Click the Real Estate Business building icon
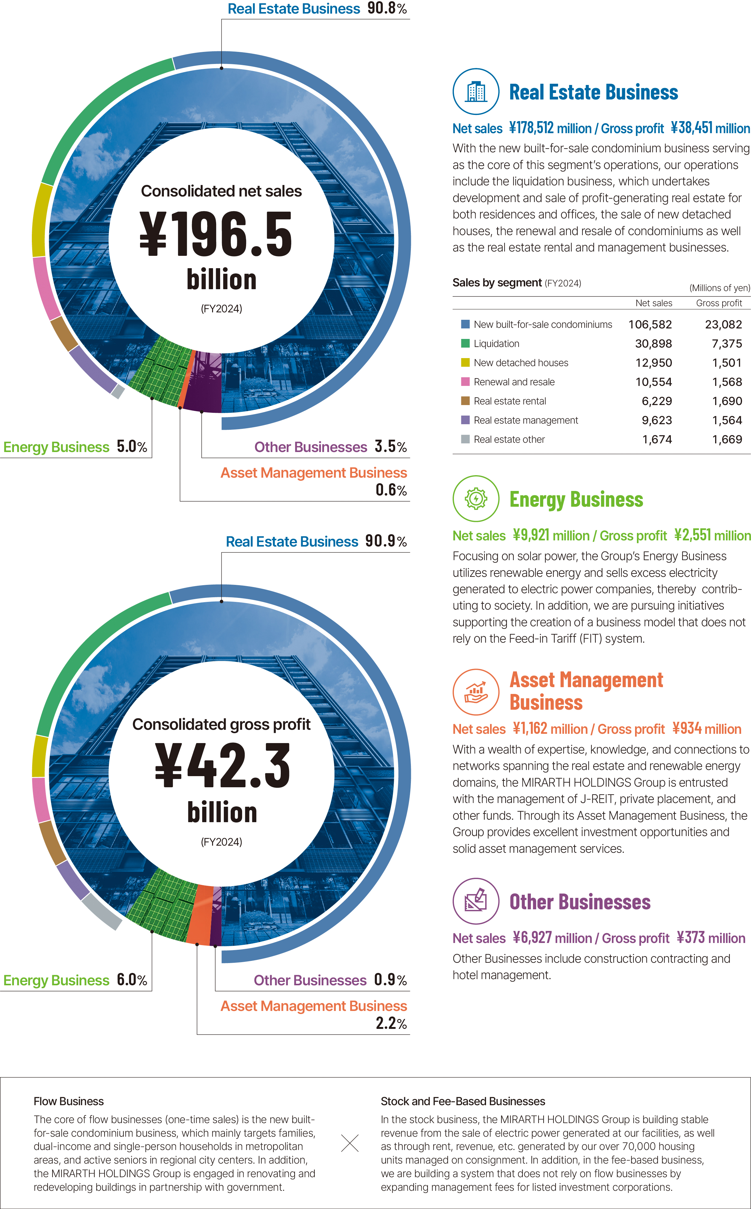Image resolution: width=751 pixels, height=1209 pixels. coord(476,91)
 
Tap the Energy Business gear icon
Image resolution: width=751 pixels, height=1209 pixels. coord(476,498)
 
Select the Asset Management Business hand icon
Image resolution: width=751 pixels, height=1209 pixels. coord(476,692)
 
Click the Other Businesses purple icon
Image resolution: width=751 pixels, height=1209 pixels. coord(476,901)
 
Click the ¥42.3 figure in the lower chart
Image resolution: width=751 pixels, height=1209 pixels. coord(222,766)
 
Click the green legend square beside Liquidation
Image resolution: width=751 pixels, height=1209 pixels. coord(465,344)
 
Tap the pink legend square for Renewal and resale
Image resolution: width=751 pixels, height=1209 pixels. coord(465,382)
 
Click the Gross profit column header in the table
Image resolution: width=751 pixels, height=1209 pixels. coord(719,303)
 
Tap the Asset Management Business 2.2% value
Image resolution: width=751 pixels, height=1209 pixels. coord(391,1023)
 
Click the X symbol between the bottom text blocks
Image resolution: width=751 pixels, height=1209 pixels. coord(350,1143)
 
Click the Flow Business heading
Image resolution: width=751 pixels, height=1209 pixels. coord(69,1101)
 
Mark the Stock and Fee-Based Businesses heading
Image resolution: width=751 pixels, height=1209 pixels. coord(463,1101)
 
